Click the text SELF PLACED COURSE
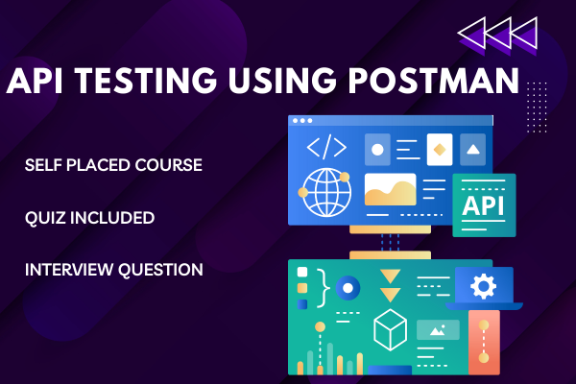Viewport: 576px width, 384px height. (113, 165)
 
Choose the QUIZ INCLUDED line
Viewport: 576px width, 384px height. (90, 218)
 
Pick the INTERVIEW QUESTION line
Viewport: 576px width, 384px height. (114, 270)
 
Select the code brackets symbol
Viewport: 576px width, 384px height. (325, 147)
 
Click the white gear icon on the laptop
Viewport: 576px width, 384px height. (483, 286)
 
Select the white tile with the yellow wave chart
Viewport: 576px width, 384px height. (391, 190)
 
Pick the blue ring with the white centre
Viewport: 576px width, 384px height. (348, 286)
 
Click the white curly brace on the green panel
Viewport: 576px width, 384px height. (323, 285)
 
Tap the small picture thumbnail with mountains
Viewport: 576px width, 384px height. (437, 329)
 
